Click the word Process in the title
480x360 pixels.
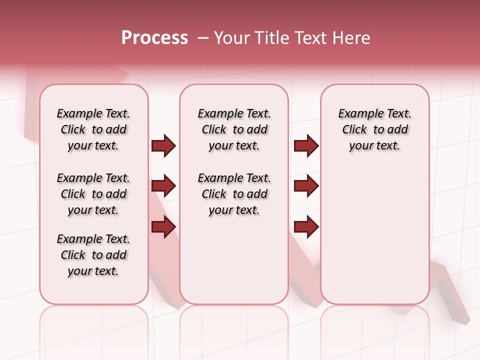point(154,38)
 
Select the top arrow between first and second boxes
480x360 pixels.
point(163,145)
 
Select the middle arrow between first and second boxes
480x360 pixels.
point(163,186)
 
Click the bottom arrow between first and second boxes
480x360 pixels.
point(163,227)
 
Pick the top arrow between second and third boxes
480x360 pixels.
point(306,145)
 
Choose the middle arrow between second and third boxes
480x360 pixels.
point(306,186)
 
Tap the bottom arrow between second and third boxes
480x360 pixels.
point(306,227)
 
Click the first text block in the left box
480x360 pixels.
point(93,129)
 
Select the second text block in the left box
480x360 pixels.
point(93,194)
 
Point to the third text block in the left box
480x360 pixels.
point(93,255)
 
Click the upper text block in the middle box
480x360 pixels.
point(234,129)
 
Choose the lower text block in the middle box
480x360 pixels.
point(234,194)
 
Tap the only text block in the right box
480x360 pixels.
point(374,129)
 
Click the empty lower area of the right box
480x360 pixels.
point(374,235)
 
